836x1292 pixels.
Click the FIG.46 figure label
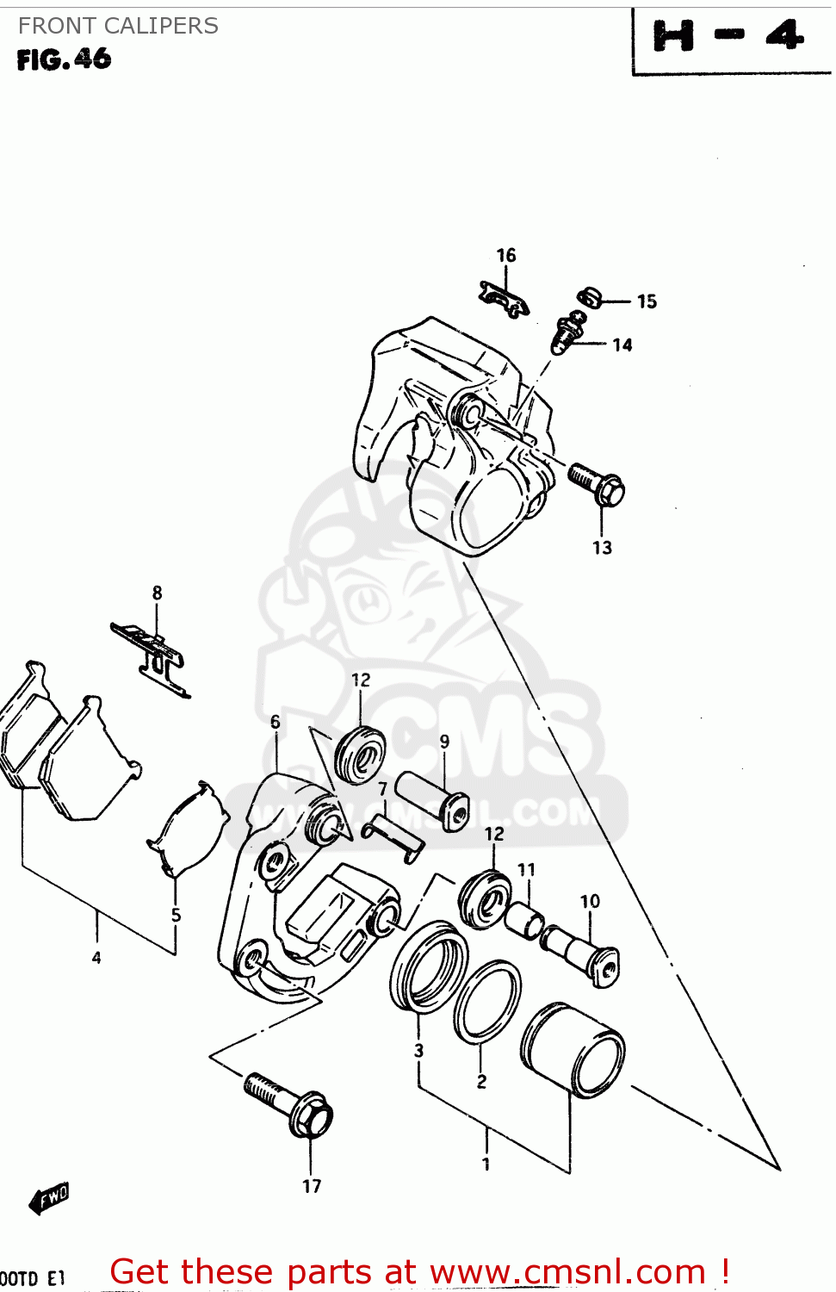click(x=64, y=59)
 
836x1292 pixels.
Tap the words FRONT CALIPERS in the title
click(x=118, y=26)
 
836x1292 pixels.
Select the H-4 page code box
click(x=729, y=39)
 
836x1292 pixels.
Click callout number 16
click(x=506, y=256)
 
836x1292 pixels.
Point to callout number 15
click(x=647, y=301)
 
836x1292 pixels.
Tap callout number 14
click(x=622, y=345)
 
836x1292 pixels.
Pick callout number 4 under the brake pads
click(x=96, y=958)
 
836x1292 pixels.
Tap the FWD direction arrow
click(x=48, y=1197)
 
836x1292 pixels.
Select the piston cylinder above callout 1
click(x=573, y=1048)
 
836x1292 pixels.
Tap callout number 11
click(x=526, y=870)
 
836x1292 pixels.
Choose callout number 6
click(x=276, y=722)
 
